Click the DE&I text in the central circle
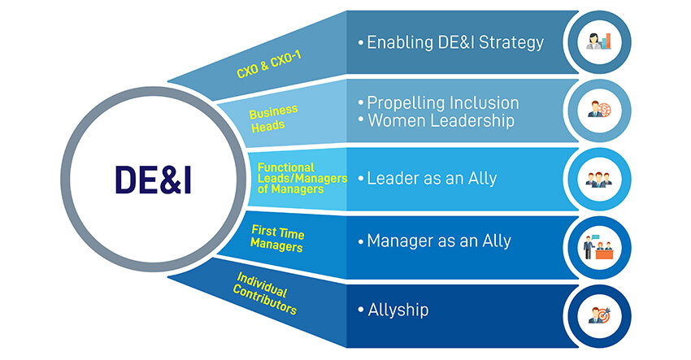[x=153, y=180]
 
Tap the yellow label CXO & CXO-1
[x=269, y=65]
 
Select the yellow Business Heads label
[x=274, y=118]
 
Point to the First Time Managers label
[x=277, y=238]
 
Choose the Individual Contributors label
[x=264, y=293]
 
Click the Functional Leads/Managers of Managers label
[x=302, y=179]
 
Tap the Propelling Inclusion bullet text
[x=443, y=102]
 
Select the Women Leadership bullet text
[x=441, y=120]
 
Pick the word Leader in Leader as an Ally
[x=393, y=179]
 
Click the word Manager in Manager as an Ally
[x=401, y=241]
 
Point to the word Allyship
[x=398, y=310]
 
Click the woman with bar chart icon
[x=599, y=42]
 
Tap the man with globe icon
[x=599, y=109]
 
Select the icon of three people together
[x=599, y=179]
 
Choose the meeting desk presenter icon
[x=598, y=247]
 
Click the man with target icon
[x=599, y=315]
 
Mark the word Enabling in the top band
[x=400, y=43]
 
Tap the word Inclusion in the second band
[x=482, y=102]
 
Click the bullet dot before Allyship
[x=361, y=310]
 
